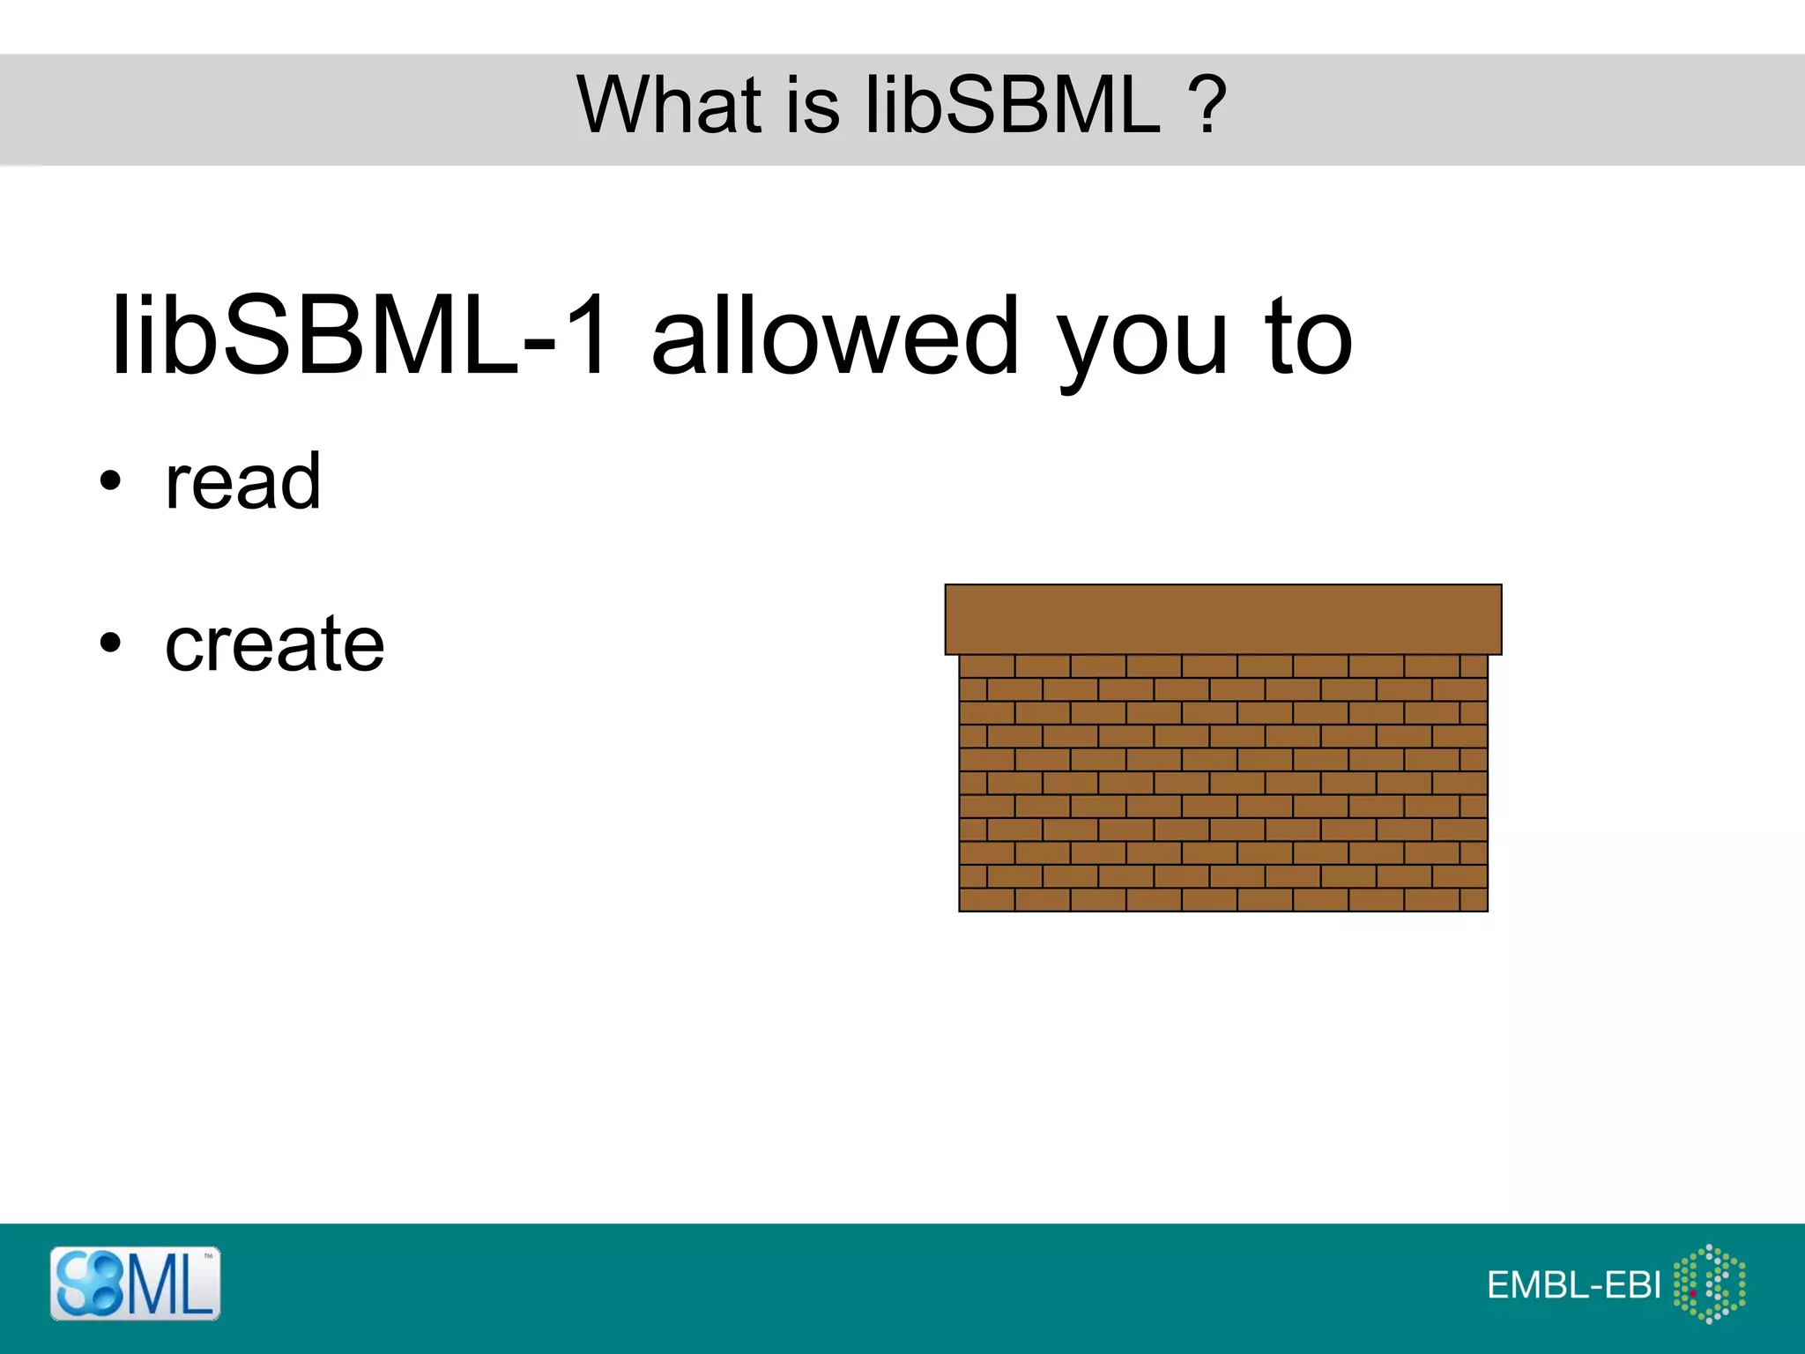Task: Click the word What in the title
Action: coord(669,105)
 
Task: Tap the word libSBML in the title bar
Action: coord(1014,105)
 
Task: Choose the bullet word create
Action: coord(275,644)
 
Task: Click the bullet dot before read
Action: coord(109,481)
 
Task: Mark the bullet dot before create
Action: coord(109,643)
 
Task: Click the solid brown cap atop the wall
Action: coord(1222,619)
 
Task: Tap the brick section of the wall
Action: coord(1222,783)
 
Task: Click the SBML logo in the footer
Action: coord(135,1283)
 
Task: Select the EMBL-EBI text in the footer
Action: coord(1573,1285)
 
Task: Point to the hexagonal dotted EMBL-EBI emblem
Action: coord(1709,1283)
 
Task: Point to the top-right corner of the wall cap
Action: coord(1500,585)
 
